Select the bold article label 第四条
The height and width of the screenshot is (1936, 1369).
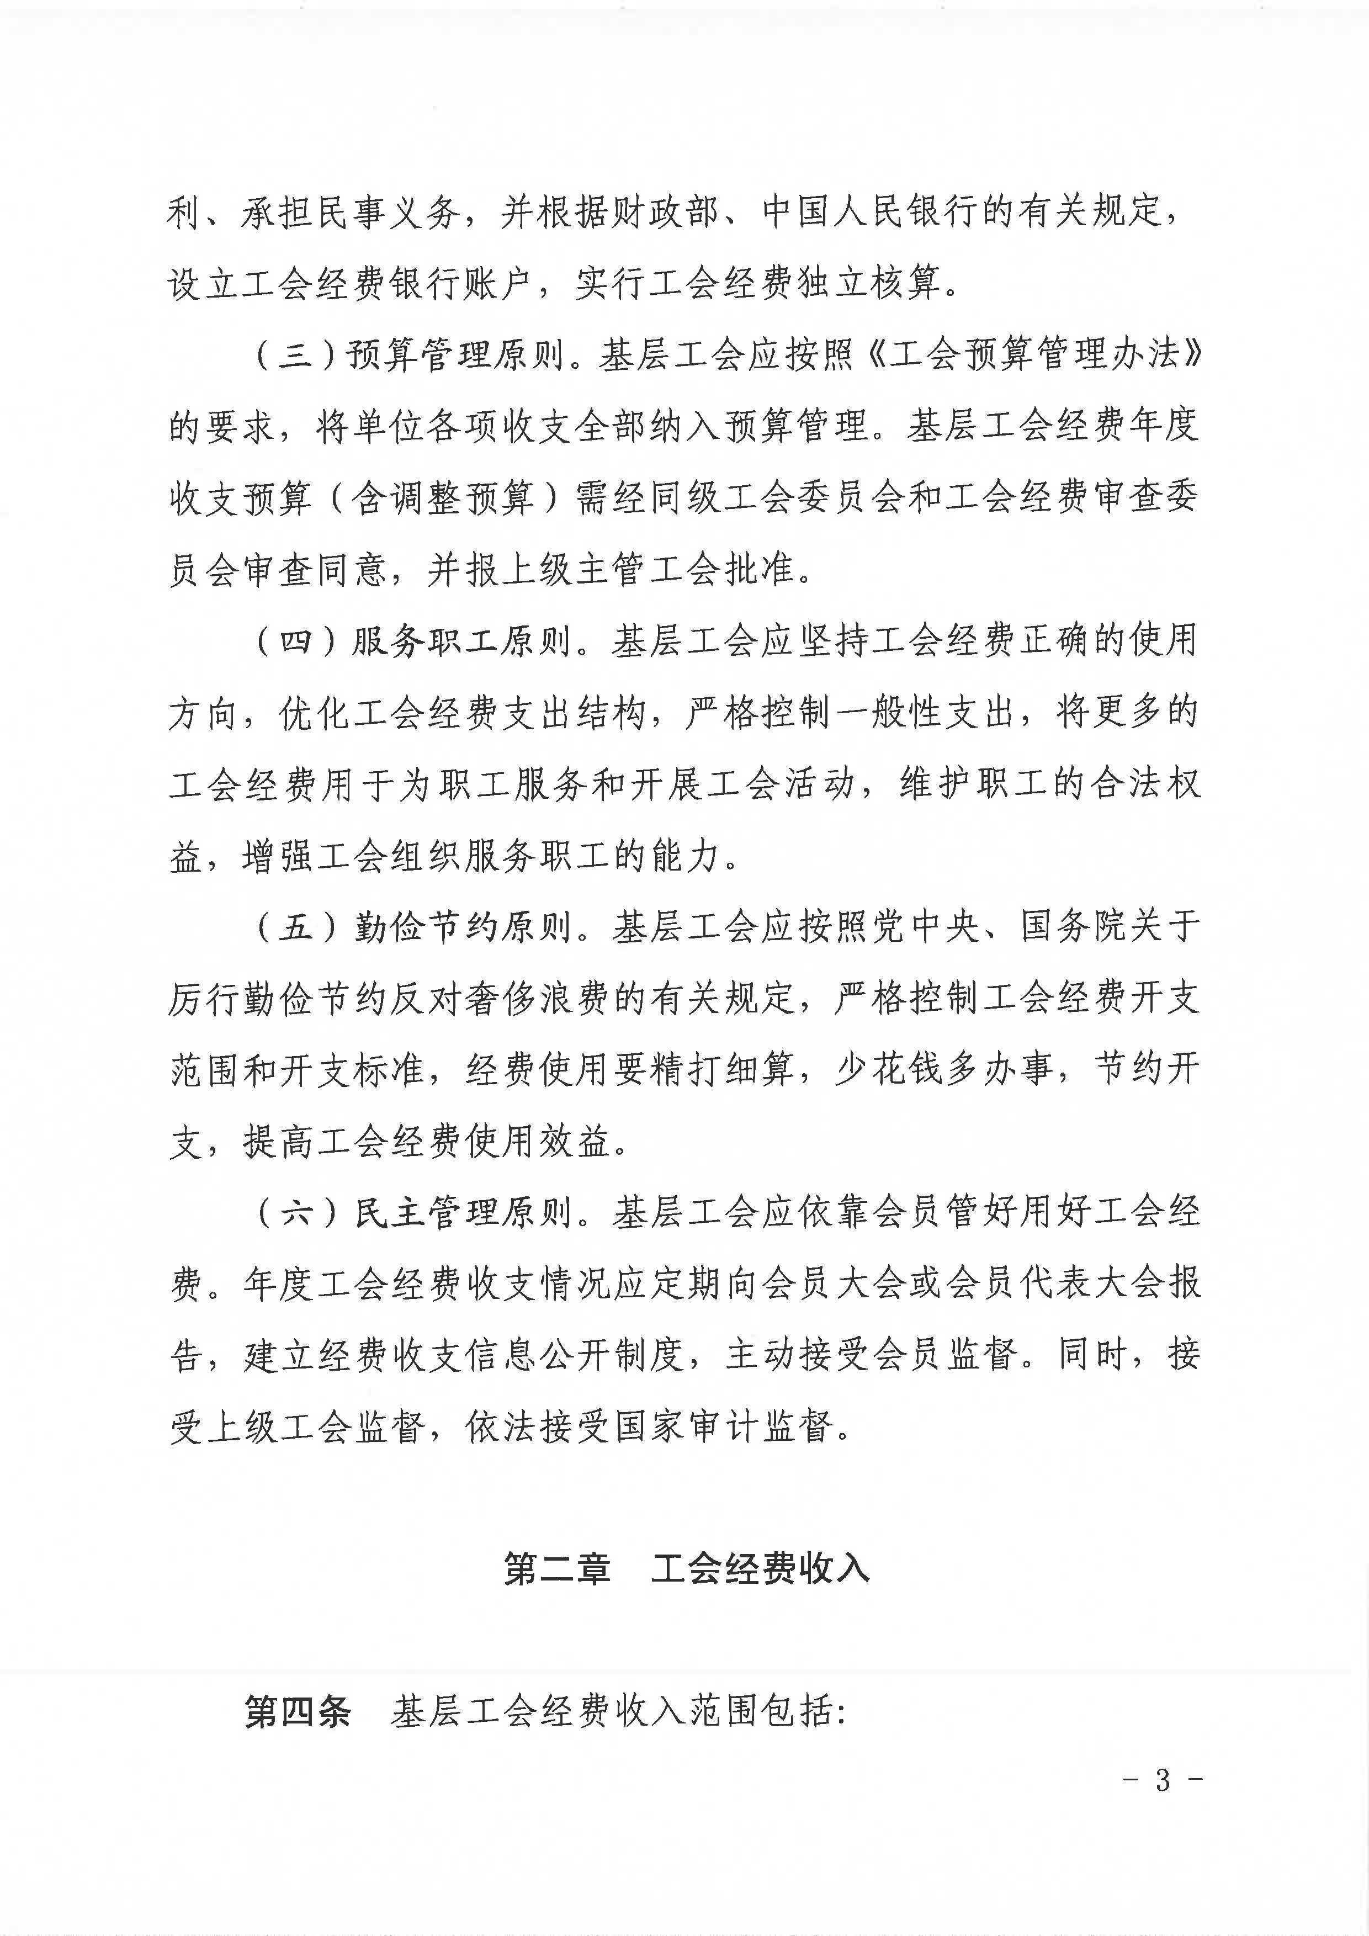[297, 1712]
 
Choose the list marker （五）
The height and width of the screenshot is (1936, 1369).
[294, 927]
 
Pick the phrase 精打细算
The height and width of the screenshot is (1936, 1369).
[721, 1071]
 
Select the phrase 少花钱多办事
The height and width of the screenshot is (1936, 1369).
[944, 1071]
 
